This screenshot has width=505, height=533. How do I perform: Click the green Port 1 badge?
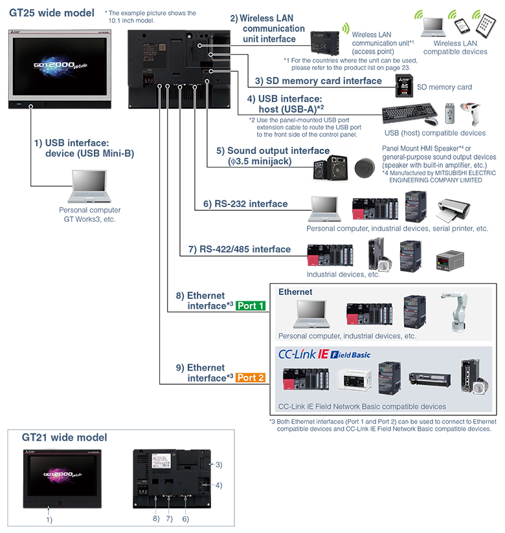pos(251,306)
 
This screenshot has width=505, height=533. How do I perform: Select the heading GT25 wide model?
pos(51,12)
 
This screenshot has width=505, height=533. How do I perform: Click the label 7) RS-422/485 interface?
pos(236,249)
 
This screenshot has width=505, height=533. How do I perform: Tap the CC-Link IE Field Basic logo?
pos(315,354)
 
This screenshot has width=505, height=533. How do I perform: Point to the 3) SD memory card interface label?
pos(318,81)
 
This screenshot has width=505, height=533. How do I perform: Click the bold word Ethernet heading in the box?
pos(295,292)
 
